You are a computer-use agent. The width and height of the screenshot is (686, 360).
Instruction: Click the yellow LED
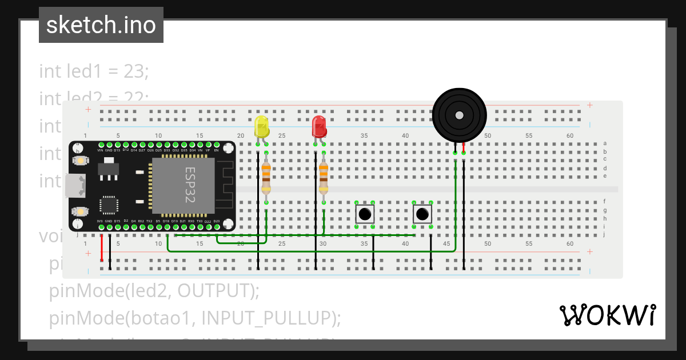261,127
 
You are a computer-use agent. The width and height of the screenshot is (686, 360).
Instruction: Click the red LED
319,126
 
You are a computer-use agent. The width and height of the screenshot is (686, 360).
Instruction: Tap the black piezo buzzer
459,115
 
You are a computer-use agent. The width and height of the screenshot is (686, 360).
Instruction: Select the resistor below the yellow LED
266,178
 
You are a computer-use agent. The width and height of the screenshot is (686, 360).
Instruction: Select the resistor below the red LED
324,178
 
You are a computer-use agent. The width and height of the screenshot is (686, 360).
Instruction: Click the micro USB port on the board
74,186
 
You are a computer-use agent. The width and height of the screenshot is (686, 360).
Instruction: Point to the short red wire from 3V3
102,247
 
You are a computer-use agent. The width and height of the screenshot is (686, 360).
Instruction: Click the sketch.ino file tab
101,25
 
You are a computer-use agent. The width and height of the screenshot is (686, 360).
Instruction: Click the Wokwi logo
607,315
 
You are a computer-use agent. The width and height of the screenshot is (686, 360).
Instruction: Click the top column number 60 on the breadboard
570,135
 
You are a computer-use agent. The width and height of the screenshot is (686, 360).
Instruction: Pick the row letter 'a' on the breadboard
605,143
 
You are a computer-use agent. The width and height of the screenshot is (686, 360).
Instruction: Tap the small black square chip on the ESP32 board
109,205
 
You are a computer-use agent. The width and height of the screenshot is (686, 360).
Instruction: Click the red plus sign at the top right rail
589,105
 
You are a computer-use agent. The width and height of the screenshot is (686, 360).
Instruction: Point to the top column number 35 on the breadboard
364,135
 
